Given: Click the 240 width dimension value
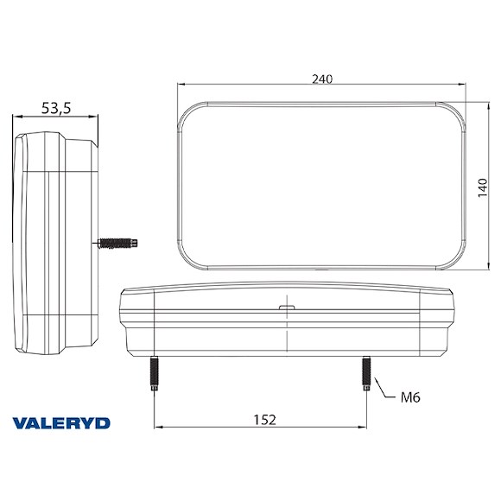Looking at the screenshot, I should [x=322, y=79].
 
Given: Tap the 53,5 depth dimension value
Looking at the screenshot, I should [x=56, y=108].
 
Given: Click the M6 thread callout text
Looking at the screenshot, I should [x=411, y=398].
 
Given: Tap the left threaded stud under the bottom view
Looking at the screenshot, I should [x=154, y=373].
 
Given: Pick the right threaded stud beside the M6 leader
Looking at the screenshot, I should [x=366, y=373].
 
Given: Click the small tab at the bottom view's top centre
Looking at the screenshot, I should [x=286, y=306].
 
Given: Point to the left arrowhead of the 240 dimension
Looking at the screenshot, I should [x=181, y=85].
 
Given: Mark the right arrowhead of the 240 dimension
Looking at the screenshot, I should [x=464, y=85].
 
